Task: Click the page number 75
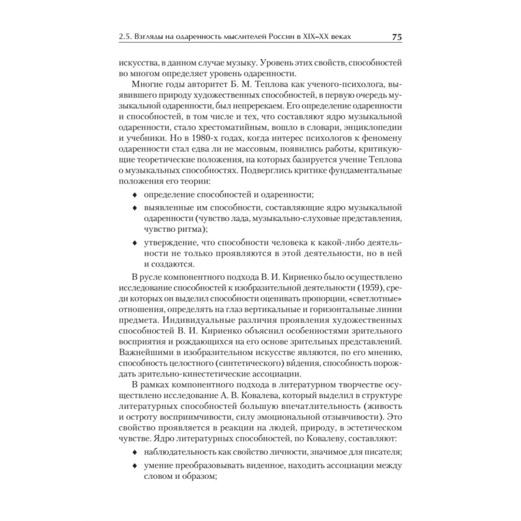[395, 38]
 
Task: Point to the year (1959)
[373, 287]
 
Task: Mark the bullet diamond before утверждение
[135, 243]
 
